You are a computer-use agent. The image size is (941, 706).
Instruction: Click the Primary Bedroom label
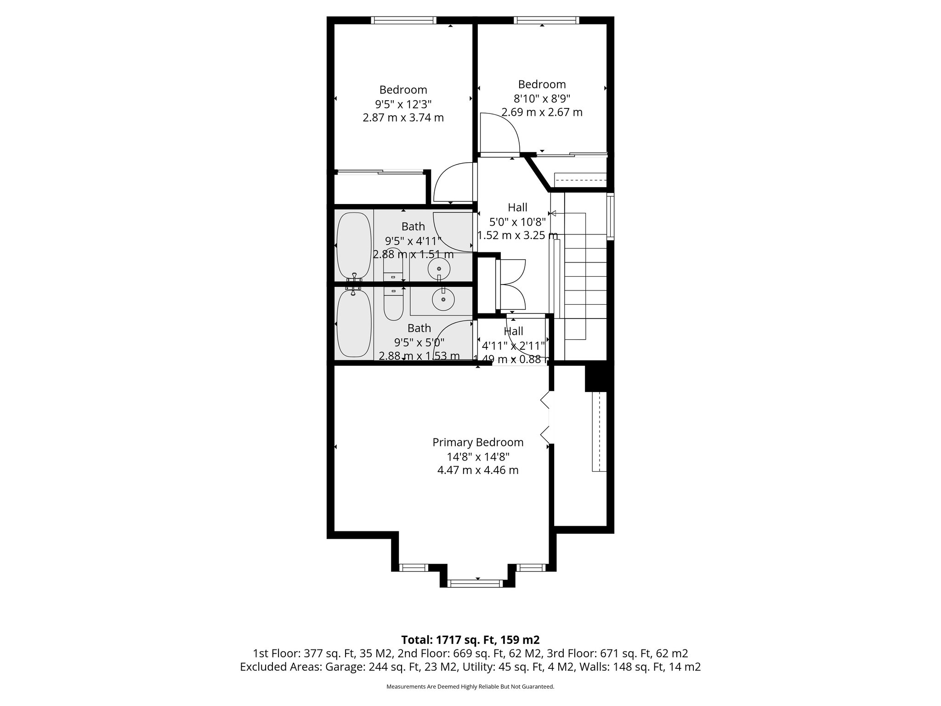pyautogui.click(x=478, y=442)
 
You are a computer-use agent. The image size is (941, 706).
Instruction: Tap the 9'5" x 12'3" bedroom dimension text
pyautogui.click(x=403, y=104)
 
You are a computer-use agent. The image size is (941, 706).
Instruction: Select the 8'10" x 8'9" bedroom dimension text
pyautogui.click(x=542, y=98)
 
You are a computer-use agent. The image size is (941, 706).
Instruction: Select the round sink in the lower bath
pyautogui.click(x=443, y=300)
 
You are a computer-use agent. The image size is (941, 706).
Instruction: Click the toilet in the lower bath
pyautogui.click(x=393, y=304)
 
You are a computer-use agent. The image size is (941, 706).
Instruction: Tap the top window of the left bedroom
pyautogui.click(x=403, y=20)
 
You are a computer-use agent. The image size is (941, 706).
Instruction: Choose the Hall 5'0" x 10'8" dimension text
pyautogui.click(x=517, y=222)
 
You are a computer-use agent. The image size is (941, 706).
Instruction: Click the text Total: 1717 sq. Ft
pyautogui.click(x=470, y=640)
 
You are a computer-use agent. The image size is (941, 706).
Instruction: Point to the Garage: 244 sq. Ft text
pyautogui.click(x=380, y=667)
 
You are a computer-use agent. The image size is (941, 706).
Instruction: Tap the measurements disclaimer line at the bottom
pyautogui.click(x=470, y=687)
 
